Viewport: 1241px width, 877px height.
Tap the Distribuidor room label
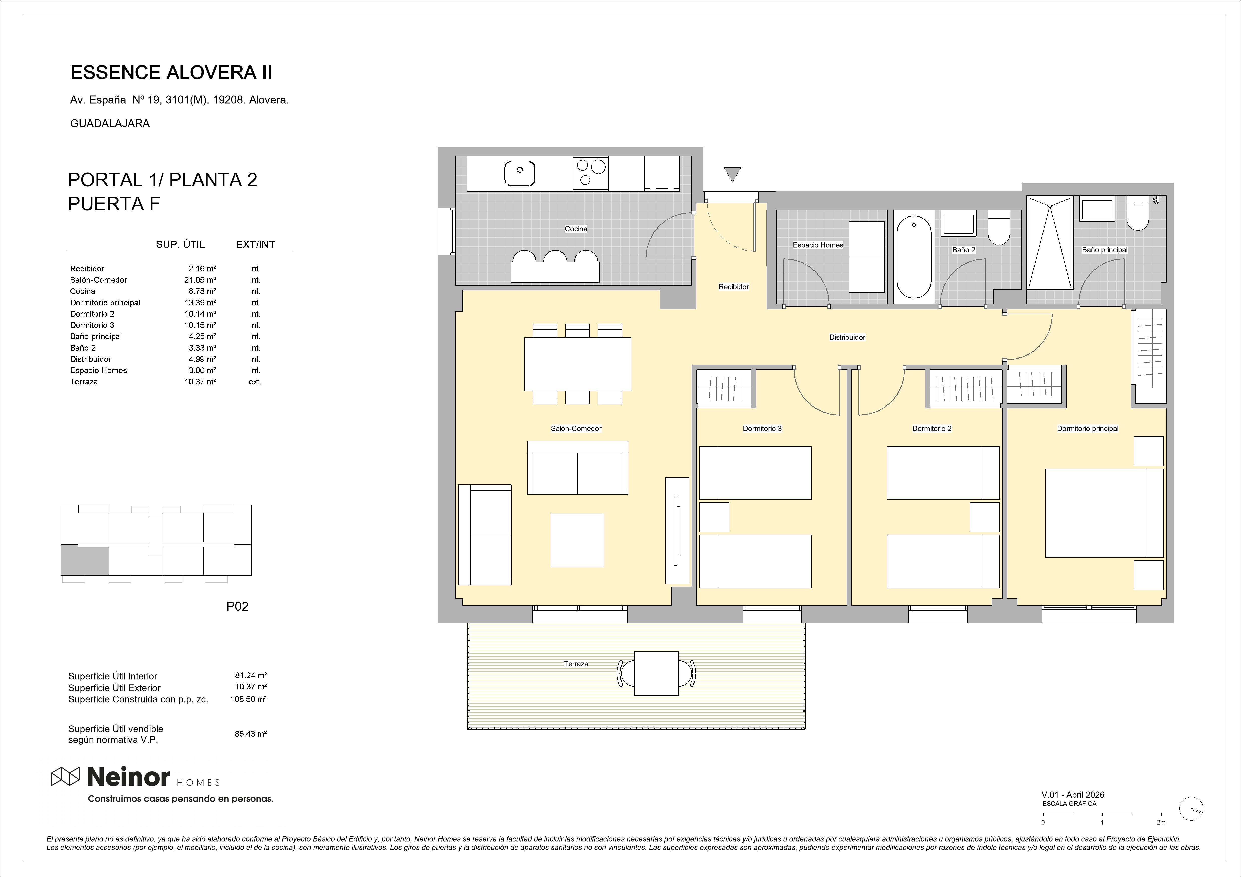tap(847, 337)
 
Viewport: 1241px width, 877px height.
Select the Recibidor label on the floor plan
tap(733, 287)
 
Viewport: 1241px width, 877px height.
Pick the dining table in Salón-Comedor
tap(577, 364)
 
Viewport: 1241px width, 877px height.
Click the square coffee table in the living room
tap(577, 540)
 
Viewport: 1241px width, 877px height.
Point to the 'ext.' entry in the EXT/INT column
tap(255, 382)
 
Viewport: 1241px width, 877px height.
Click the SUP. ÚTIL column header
tap(181, 244)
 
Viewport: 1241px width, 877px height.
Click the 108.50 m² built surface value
tap(249, 699)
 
